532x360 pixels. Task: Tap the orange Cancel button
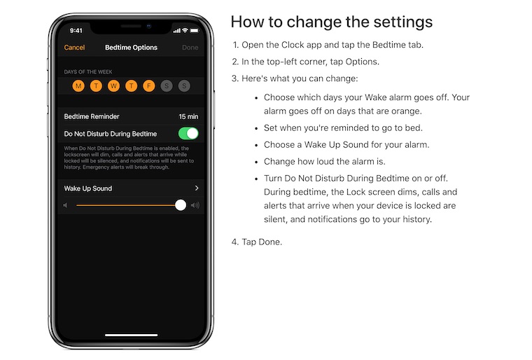coord(74,48)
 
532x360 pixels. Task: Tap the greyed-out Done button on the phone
coord(190,48)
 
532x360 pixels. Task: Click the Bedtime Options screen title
coord(131,48)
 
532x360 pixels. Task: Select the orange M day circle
coord(78,86)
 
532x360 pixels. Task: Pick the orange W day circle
coord(113,86)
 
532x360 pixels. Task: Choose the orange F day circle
coord(149,86)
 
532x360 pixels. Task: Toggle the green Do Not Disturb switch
coord(188,134)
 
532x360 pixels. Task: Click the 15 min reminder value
coord(188,116)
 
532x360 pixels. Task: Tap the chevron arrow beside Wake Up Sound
coord(197,188)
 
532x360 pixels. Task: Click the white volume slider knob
coord(181,205)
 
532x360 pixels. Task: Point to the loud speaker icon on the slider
coord(195,205)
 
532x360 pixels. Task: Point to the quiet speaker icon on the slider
coord(65,205)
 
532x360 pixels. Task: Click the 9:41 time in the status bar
coord(76,31)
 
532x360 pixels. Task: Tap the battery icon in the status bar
coord(195,31)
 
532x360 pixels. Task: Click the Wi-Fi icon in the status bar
coord(185,30)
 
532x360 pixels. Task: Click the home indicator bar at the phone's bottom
coord(132,335)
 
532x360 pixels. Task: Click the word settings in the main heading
coord(402,22)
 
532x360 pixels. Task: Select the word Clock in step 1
coord(293,45)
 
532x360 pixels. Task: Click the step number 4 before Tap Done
coord(234,242)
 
